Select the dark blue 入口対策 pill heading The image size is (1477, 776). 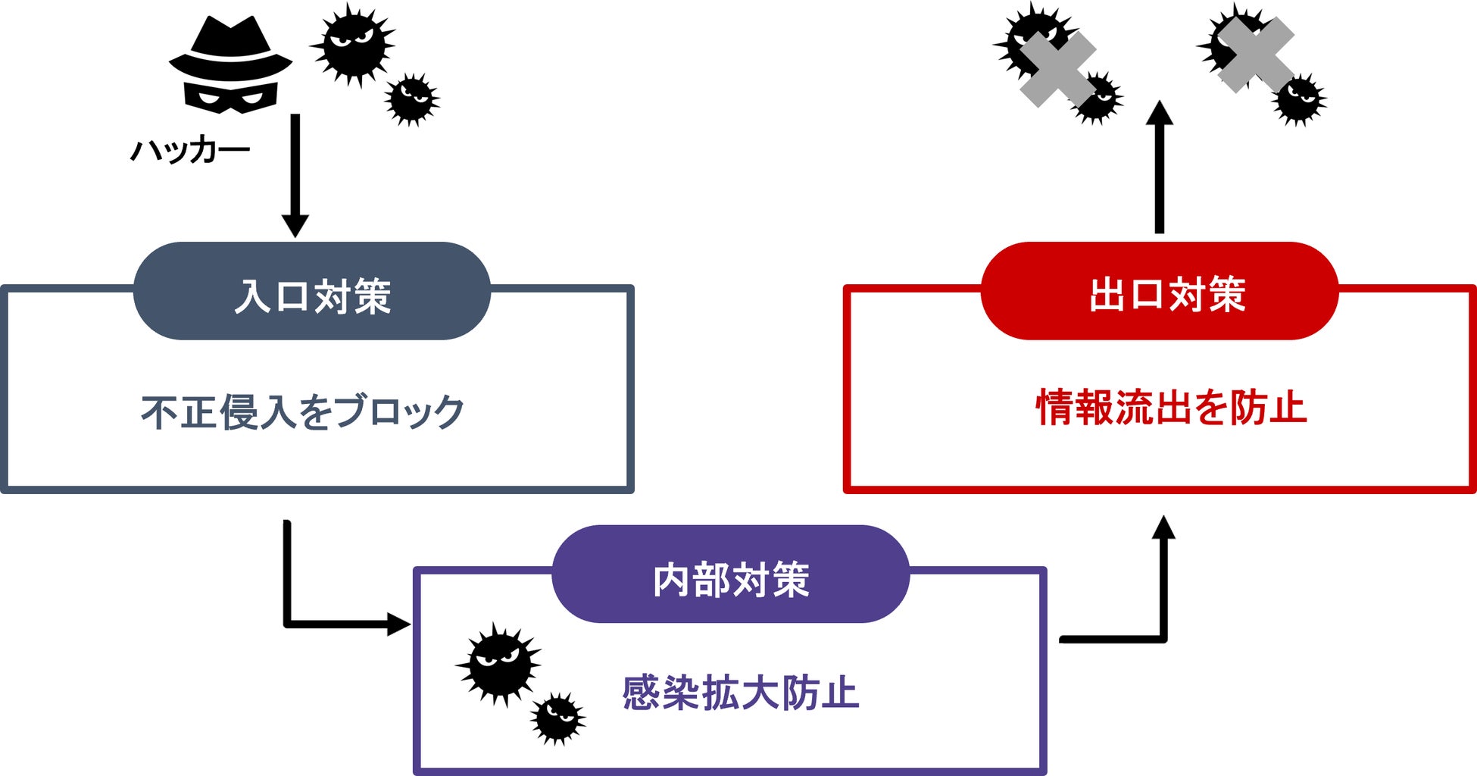(311, 293)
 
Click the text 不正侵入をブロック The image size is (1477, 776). (302, 411)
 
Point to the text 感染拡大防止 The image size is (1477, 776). (740, 692)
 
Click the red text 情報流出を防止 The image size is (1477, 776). (1171, 408)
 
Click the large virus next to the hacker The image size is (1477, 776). (352, 44)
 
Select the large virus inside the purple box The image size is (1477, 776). (498, 663)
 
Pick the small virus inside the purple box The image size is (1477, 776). (558, 717)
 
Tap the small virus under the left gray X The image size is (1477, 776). (1097, 98)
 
